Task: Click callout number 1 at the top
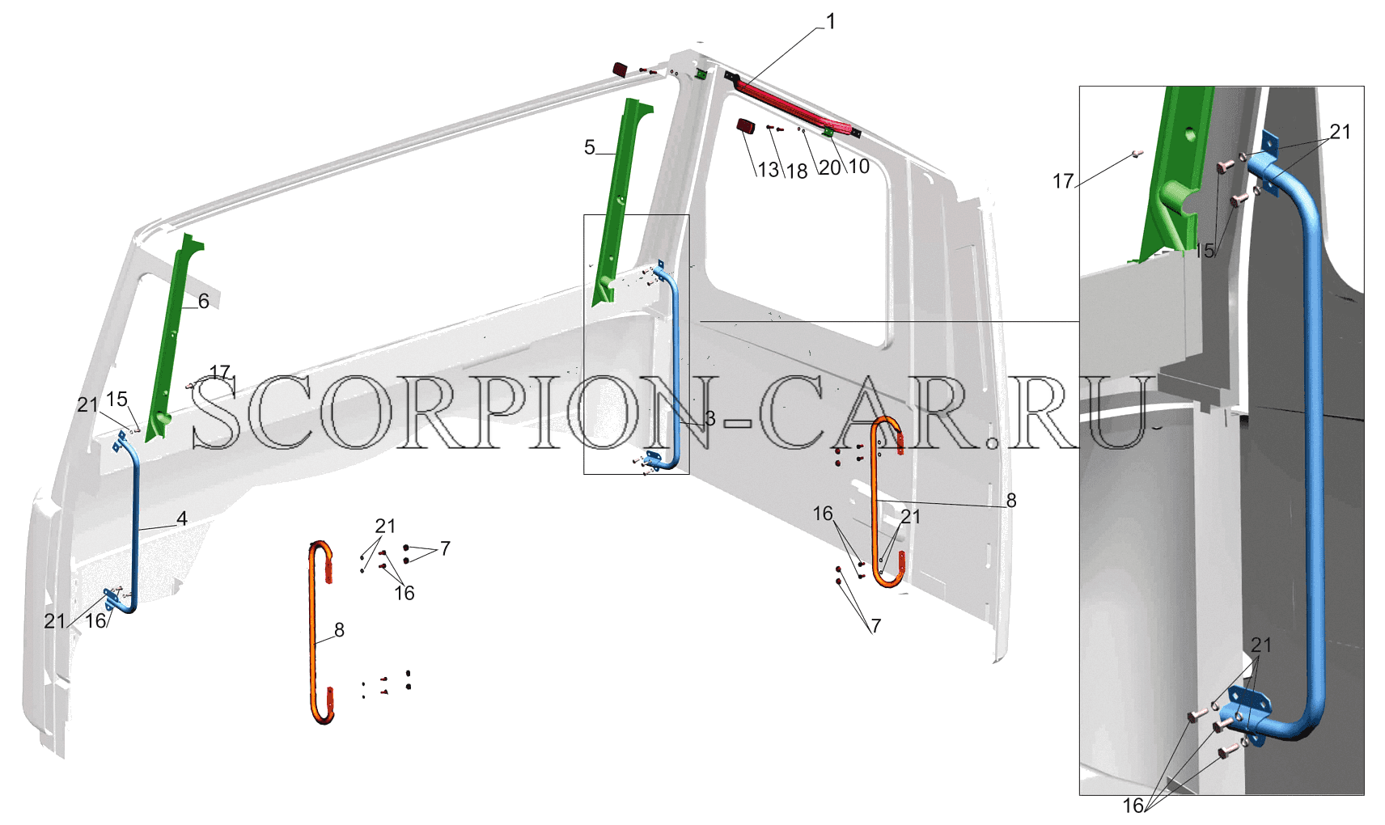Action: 830,23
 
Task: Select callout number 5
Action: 589,148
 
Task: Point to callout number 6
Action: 203,301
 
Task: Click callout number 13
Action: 769,170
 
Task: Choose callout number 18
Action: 797,171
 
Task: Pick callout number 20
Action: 830,167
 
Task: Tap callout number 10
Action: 859,167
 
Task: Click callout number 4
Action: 182,518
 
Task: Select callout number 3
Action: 709,419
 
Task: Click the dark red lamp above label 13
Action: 746,127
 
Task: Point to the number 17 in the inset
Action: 1064,181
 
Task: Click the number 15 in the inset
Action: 1205,251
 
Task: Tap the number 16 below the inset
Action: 1133,806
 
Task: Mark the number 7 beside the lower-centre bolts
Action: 445,548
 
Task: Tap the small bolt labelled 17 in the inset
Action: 1137,153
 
